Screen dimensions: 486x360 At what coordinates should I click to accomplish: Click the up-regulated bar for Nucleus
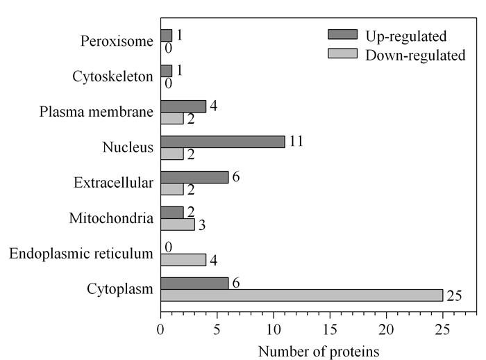point(223,142)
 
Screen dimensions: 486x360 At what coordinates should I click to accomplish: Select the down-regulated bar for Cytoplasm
point(302,295)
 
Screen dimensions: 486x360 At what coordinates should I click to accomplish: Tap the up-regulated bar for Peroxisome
point(167,35)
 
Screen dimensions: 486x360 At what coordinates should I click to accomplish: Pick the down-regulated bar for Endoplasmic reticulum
point(183,260)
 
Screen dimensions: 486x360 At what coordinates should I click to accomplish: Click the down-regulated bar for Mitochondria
point(178,224)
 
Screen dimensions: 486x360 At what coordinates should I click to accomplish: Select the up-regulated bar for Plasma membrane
point(183,106)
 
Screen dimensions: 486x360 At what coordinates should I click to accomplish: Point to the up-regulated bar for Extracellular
point(194,177)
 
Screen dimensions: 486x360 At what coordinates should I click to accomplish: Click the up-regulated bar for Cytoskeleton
point(167,71)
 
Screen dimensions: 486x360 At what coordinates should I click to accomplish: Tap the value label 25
point(454,296)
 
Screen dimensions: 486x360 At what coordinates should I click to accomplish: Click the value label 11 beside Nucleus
point(296,141)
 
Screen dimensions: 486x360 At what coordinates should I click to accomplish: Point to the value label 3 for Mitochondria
point(202,225)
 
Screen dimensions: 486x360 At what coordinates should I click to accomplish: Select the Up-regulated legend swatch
point(342,35)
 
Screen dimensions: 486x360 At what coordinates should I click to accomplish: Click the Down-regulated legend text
point(415,55)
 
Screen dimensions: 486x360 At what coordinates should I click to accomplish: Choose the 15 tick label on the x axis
point(330,329)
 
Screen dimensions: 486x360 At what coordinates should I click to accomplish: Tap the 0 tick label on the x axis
point(160,329)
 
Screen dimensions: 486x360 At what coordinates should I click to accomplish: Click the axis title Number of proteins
point(319,352)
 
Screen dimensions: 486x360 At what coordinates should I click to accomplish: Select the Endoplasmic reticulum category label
point(81,254)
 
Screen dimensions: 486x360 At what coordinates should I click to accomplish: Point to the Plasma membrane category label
point(96,112)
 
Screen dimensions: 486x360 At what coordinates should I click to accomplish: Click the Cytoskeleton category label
point(112,76)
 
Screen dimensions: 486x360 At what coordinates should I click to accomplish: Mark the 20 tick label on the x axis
point(386,329)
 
